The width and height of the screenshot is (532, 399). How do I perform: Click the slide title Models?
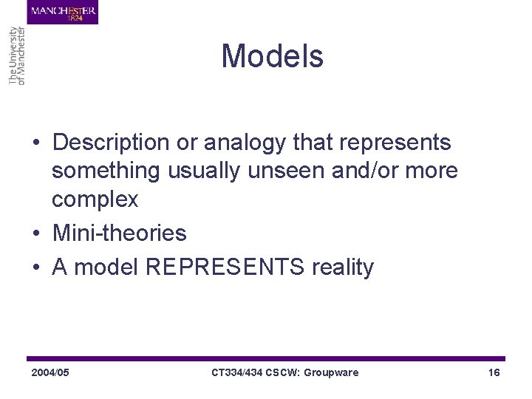click(x=272, y=56)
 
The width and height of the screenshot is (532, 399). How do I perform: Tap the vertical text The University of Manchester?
click(x=17, y=55)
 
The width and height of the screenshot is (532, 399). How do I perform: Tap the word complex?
click(x=95, y=199)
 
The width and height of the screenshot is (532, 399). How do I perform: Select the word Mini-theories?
click(x=119, y=233)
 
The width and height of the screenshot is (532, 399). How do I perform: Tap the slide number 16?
click(x=494, y=372)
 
